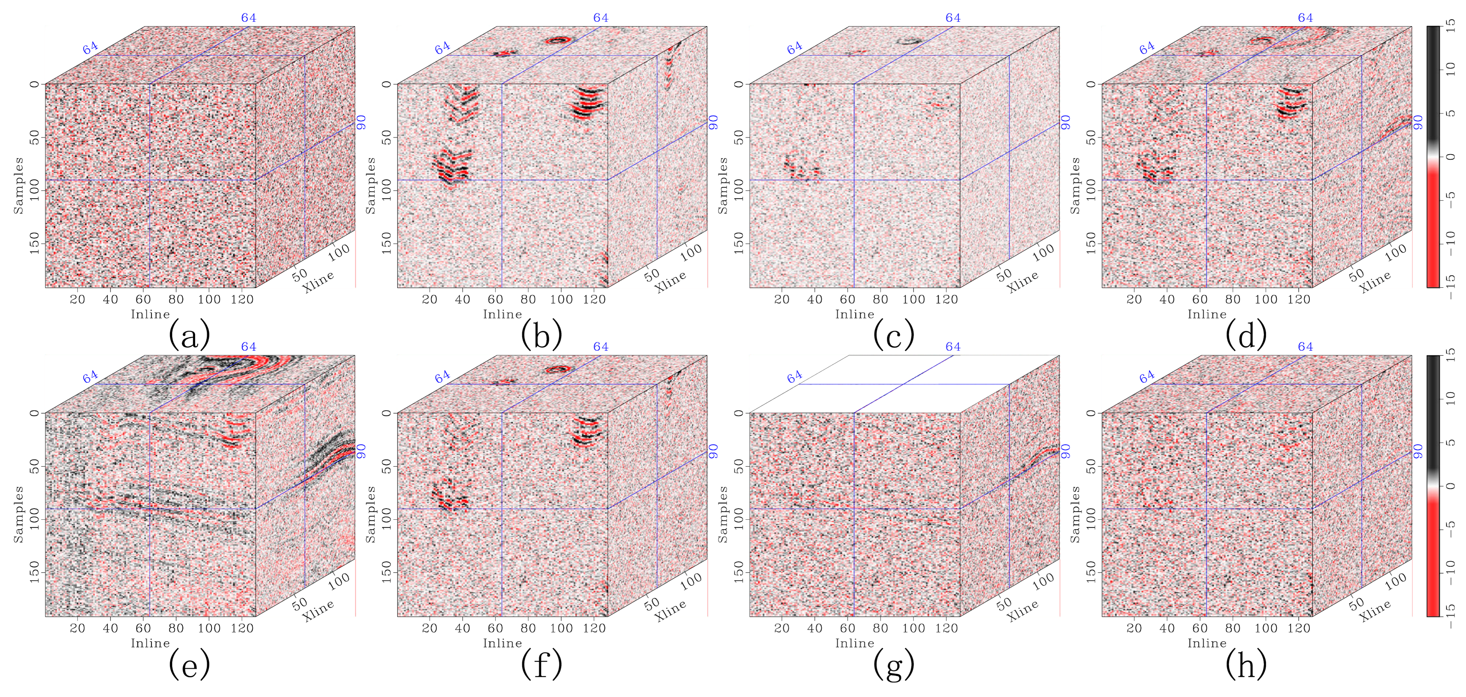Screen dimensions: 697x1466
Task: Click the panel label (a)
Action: pyautogui.click(x=190, y=335)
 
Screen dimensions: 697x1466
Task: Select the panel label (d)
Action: pyautogui.click(x=1246, y=335)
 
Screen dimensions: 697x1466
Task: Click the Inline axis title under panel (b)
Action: pyautogui.click(x=503, y=314)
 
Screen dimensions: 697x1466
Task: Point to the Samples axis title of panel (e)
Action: pyautogui.click(x=19, y=514)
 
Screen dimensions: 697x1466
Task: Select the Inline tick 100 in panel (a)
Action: pyautogui.click(x=209, y=300)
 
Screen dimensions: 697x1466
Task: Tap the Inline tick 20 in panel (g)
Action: pyautogui.click(x=782, y=628)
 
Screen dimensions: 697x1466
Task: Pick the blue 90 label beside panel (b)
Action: pyautogui.click(x=713, y=122)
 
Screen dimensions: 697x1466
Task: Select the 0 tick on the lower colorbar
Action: pyautogui.click(x=1451, y=486)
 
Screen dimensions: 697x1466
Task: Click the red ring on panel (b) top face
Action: pyautogui.click(x=558, y=40)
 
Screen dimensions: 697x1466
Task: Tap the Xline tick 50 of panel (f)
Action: pyautogui.click(x=652, y=602)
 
